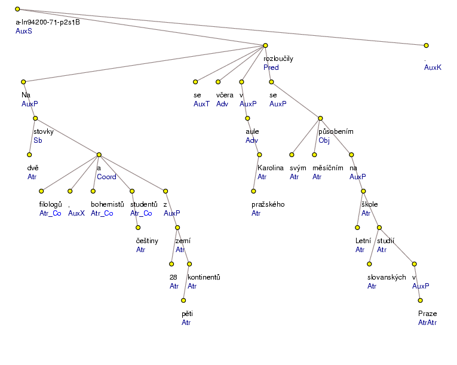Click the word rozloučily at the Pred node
coord(278,59)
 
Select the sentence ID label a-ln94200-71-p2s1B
coord(48,22)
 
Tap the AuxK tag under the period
coord(433,68)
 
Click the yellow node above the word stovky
coord(35,118)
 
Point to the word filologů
coord(51,204)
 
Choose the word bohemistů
coord(107,204)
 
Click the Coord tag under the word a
coord(106,177)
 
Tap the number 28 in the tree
coord(174,277)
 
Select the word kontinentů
coord(204,277)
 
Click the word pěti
coord(188,314)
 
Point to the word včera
coord(225,95)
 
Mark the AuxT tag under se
coord(201,104)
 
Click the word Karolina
coord(270,168)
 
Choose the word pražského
coord(268,204)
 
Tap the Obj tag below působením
coord(324,140)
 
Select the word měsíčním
coord(328,168)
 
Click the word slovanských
coord(387,277)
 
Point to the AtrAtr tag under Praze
coord(428,323)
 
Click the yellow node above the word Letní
coord(357,227)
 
